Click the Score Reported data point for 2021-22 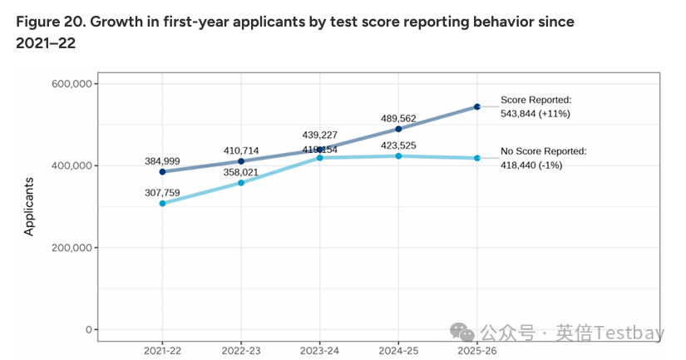click(162, 172)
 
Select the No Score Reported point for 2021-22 click(162, 204)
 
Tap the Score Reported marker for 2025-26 click(477, 106)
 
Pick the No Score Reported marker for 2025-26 click(477, 158)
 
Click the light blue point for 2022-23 click(241, 183)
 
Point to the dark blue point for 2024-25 click(399, 129)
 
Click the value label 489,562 click(399, 118)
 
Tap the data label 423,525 click(399, 145)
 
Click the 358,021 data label click(241, 171)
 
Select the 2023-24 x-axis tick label click(320, 351)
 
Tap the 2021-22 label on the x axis click(162, 351)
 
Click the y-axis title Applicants click(30, 206)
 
